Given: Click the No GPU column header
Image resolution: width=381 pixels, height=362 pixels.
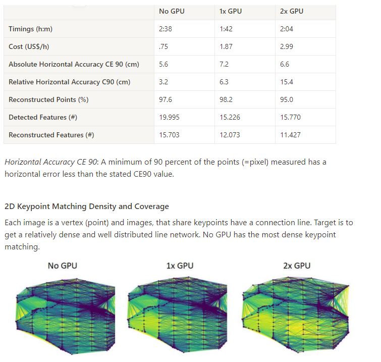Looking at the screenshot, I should tap(172, 11).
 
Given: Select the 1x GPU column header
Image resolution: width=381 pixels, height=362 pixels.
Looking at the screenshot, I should tap(231, 11).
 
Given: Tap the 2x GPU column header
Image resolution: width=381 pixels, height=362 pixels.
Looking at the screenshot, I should tap(292, 11).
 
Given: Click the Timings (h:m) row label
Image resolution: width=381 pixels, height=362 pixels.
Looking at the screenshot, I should tap(30, 29).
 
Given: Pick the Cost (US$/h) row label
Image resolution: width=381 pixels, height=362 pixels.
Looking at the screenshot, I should tap(30, 46).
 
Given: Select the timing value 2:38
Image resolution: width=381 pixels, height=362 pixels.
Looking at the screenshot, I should tap(166, 29).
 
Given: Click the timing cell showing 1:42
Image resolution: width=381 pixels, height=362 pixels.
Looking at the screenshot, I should tap(226, 29).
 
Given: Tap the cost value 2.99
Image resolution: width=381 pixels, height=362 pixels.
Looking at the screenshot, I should tap(287, 46).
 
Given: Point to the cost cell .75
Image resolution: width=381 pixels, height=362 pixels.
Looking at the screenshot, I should tap(163, 46).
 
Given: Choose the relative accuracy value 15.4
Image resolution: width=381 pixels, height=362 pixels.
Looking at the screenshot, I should tap(287, 82).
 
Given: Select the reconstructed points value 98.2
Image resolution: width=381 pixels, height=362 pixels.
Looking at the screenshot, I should tap(226, 99).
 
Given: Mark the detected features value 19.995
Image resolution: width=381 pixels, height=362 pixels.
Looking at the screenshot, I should tap(169, 117).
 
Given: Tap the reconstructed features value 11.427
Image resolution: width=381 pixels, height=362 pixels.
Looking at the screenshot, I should tap(290, 135).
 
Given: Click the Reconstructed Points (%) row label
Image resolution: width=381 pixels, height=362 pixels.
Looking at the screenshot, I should tap(48, 99).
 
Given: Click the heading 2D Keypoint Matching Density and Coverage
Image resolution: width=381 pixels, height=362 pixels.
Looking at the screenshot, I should tap(87, 206).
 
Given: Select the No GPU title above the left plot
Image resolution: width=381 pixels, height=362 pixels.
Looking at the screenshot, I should tap(63, 266).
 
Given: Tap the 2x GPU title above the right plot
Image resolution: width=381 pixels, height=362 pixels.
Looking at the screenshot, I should tap(297, 266).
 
